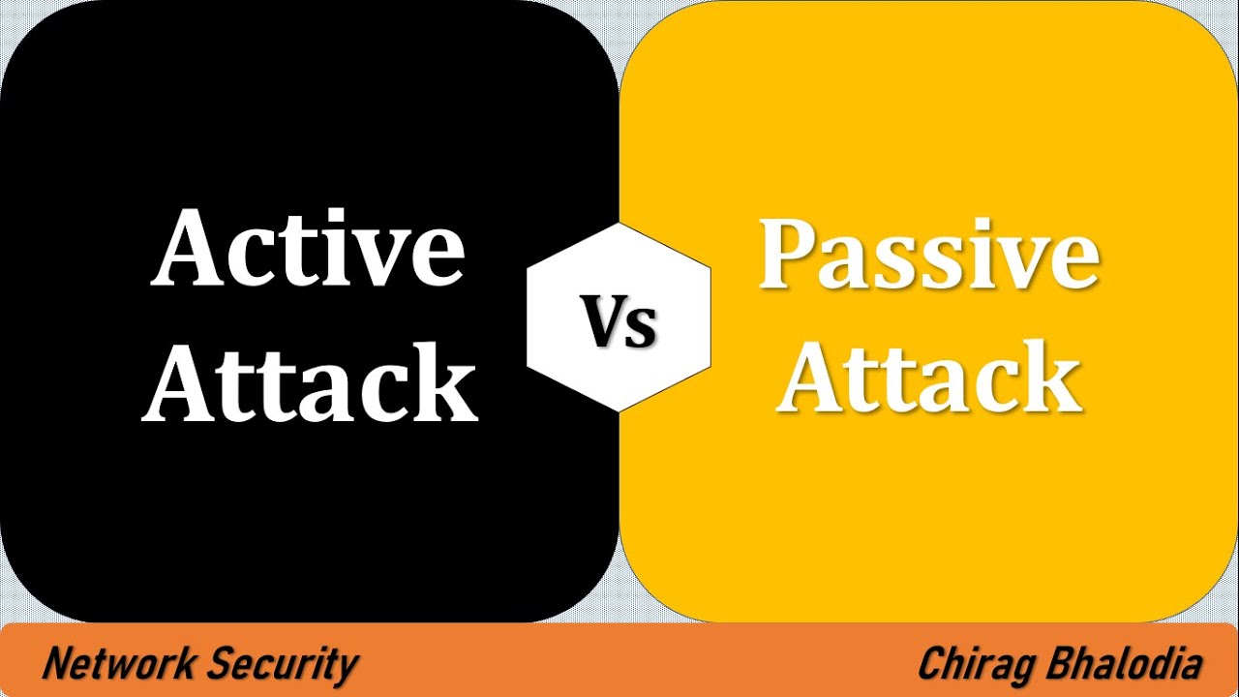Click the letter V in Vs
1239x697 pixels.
coord(602,321)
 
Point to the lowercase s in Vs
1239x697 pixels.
coord(643,329)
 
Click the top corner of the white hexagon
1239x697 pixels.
coord(619,223)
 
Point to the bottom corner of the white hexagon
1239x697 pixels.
coord(619,412)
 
